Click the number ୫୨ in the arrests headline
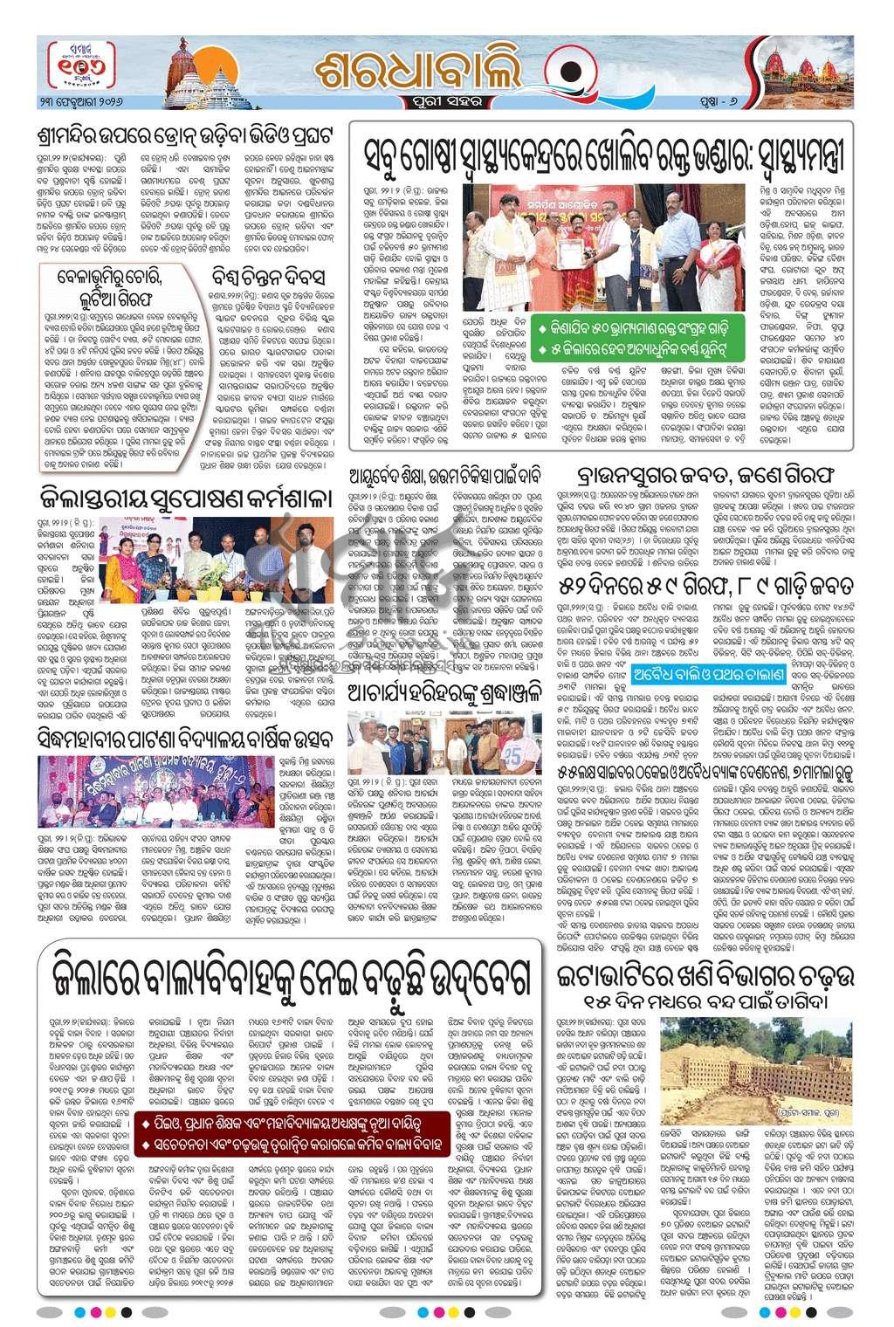point(570,582)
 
